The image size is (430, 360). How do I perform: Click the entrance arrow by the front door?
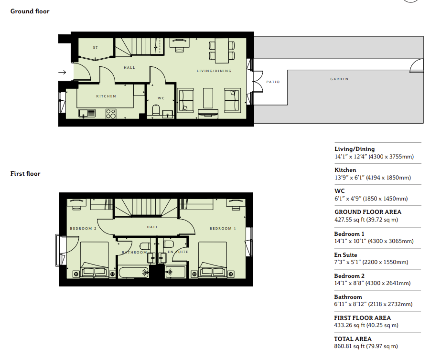62,73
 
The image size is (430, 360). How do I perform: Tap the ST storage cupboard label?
96,48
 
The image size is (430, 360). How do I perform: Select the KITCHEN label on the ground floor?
106,96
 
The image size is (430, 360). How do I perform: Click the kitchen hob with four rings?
111,113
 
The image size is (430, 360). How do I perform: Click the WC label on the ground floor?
161,98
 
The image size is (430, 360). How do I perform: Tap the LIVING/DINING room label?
214,71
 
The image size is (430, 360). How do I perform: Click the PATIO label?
273,82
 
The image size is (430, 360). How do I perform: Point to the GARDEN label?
339,79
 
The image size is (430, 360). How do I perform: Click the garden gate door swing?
417,66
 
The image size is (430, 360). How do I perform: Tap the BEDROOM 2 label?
83,229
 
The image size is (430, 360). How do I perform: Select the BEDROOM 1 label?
223,229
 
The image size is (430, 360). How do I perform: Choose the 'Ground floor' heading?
30,11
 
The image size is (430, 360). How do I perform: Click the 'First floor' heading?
25,174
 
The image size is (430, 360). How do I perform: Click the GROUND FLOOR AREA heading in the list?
368,212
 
